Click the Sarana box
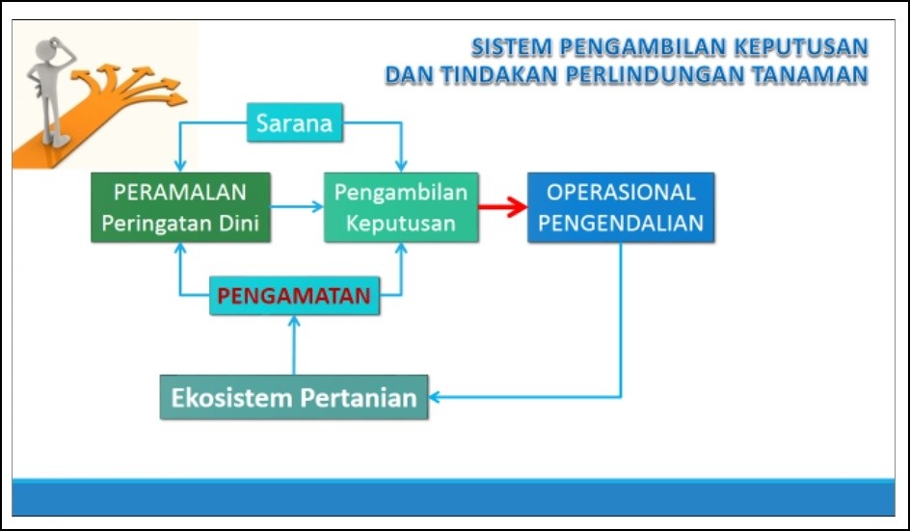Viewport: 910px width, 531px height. [295, 122]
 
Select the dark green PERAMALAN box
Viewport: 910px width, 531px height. [180, 207]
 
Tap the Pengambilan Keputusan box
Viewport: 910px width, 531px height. [401, 207]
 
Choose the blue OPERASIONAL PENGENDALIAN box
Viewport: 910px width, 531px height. [621, 207]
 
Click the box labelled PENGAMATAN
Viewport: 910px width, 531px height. [294, 296]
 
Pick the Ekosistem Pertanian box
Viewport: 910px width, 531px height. [294, 397]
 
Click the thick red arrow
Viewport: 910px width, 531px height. [502, 206]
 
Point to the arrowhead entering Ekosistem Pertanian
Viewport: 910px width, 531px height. [434, 397]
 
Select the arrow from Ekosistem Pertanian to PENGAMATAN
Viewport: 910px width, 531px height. [294, 345]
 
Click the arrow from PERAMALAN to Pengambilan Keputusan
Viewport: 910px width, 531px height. [297, 206]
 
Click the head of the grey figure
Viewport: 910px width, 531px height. [49, 49]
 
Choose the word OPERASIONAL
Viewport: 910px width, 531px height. [621, 192]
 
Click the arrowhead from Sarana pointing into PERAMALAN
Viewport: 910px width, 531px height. [180, 166]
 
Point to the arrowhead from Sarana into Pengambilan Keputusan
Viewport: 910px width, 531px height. [401, 166]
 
